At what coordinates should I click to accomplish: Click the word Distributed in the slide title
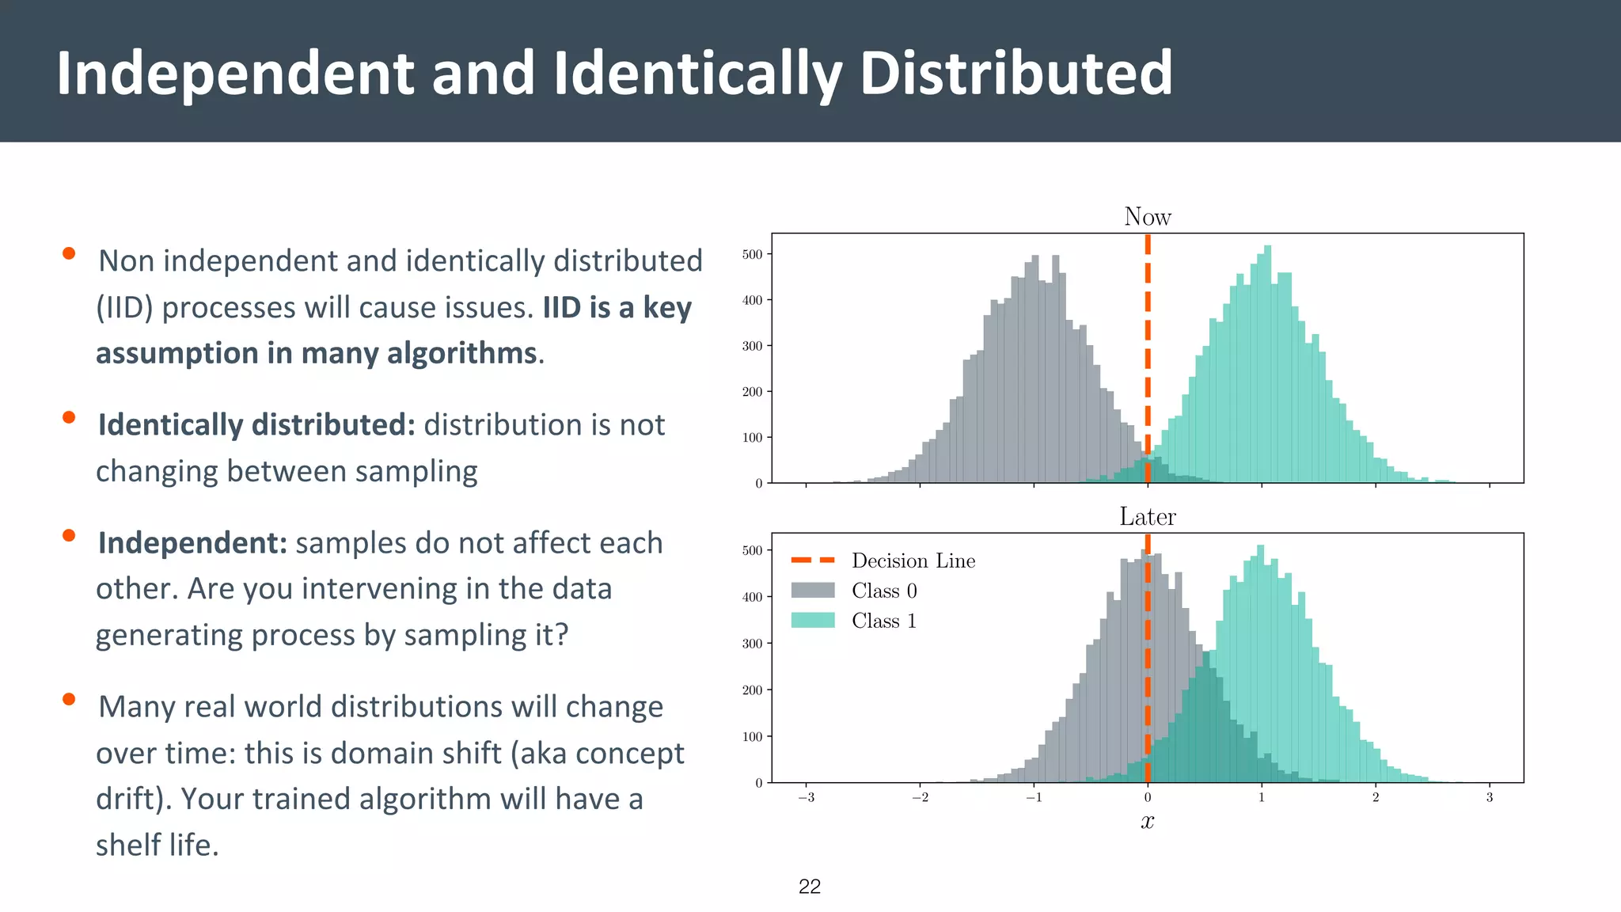coord(1015,73)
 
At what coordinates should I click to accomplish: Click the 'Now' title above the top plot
coord(1147,217)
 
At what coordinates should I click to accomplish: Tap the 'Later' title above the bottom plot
coord(1147,517)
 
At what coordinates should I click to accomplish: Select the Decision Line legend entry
coord(913,560)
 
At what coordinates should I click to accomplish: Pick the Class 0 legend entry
coord(883,591)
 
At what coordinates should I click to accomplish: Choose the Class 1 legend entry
coord(883,621)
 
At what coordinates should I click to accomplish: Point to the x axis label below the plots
coord(1147,822)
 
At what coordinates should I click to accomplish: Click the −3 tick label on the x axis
coord(806,798)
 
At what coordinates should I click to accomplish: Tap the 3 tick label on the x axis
coord(1489,798)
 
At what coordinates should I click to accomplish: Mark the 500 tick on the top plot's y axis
coord(752,254)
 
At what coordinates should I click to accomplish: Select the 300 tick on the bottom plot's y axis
coord(752,644)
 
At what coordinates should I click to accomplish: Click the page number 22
coord(810,887)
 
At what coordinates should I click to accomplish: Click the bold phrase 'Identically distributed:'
coord(256,425)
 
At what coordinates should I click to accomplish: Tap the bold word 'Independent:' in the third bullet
coord(192,543)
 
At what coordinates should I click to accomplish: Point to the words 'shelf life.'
coord(157,845)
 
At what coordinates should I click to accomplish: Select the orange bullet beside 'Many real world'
coord(69,699)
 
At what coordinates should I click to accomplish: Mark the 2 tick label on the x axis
coord(1375,798)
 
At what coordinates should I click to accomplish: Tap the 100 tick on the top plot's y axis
coord(752,437)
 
